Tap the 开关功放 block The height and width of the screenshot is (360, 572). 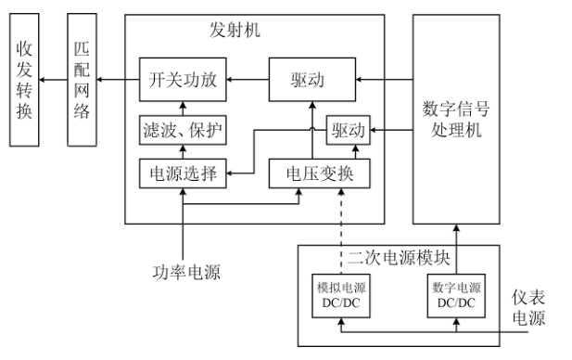click(x=183, y=81)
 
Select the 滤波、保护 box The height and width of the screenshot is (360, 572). click(x=183, y=128)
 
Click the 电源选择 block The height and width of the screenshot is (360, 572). click(x=183, y=174)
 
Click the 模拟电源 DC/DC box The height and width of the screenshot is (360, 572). click(x=340, y=295)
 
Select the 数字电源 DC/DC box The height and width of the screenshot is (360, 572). click(x=457, y=295)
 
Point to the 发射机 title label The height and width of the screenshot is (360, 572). click(x=235, y=29)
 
